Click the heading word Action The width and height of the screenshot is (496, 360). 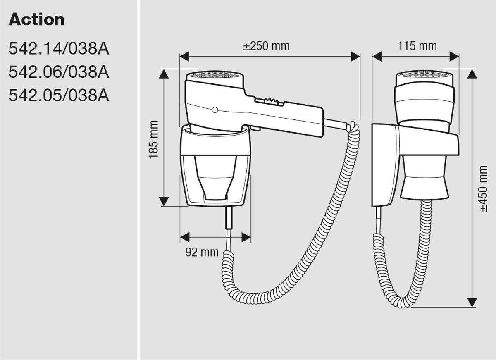tap(36, 19)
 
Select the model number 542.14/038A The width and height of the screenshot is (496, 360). tap(59, 49)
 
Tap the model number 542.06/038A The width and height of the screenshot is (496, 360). tap(59, 72)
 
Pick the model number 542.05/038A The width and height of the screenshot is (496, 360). tap(59, 95)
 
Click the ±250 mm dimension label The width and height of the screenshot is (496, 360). tap(266, 46)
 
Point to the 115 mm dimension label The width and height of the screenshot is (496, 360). tap(417, 46)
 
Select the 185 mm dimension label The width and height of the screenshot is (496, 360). tap(153, 140)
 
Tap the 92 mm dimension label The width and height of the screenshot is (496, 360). tap(202, 252)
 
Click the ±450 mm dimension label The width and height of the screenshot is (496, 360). tap(484, 188)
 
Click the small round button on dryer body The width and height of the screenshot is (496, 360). tap(215, 110)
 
